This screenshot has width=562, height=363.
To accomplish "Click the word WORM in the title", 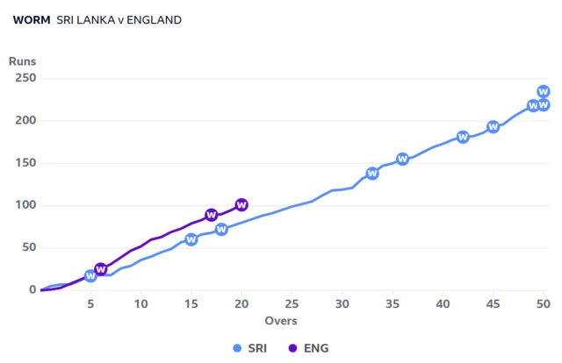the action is [x=32, y=20].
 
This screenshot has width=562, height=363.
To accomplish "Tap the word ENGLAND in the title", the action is [x=155, y=20].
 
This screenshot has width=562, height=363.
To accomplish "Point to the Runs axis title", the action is [x=22, y=61].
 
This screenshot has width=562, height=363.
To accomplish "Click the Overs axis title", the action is [x=281, y=321].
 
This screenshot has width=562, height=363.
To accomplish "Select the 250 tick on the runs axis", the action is [x=25, y=78].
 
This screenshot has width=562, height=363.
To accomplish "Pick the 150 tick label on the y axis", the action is [x=25, y=163].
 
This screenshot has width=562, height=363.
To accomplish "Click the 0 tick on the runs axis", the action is [x=32, y=289].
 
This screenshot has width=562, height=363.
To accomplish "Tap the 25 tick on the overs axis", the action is [x=292, y=304].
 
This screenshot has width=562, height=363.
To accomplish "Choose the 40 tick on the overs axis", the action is [x=443, y=304].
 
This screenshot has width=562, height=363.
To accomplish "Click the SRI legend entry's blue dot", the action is [x=237, y=348].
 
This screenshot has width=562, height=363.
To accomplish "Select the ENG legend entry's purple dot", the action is [x=292, y=348].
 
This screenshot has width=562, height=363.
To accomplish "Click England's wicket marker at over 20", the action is [x=241, y=205].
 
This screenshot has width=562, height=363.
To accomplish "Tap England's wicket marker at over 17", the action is [x=212, y=215].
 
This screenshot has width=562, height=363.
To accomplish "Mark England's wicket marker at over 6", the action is [x=101, y=269].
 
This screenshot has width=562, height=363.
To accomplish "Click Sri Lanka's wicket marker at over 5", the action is [x=90, y=276].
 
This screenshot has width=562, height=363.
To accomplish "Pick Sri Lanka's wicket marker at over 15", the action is [x=191, y=239].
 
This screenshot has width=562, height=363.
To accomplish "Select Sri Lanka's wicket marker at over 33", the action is [x=372, y=174].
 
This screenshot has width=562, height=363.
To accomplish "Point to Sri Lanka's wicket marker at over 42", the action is [x=463, y=137].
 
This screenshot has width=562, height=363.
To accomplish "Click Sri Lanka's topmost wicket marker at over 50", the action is [x=544, y=92].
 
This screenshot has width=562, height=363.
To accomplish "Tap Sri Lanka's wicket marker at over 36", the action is [x=402, y=159].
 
